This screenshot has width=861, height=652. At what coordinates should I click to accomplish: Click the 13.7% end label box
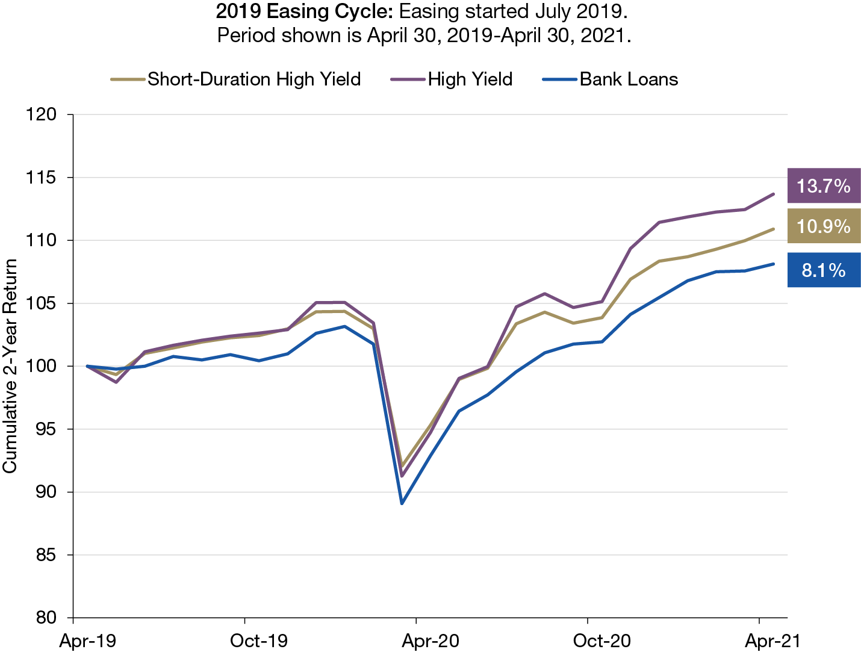[x=823, y=186]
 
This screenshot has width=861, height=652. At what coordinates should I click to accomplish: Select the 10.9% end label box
[x=823, y=226]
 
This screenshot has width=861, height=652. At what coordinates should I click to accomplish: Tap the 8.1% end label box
[x=823, y=270]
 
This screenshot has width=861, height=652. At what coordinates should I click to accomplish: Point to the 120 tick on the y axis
[x=42, y=114]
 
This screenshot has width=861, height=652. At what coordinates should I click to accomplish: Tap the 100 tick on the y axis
[x=42, y=366]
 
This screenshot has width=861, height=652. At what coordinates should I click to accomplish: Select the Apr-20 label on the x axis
[x=431, y=641]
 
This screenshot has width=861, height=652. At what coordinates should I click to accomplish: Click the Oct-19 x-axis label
[x=259, y=641]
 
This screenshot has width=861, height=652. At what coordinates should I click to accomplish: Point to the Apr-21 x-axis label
[x=773, y=641]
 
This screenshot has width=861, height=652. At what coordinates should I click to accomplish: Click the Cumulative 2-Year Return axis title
[x=10, y=366]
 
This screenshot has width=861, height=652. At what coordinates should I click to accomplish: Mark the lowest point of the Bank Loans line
[x=402, y=503]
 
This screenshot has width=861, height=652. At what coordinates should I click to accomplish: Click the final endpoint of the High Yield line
[x=774, y=194]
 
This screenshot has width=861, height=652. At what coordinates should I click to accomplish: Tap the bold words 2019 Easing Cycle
[x=305, y=11]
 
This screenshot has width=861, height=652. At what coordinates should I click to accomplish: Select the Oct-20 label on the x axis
[x=601, y=641]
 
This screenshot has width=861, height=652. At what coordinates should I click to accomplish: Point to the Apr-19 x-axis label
[x=88, y=641]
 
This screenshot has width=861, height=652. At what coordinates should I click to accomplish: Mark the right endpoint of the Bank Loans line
[x=774, y=264]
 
